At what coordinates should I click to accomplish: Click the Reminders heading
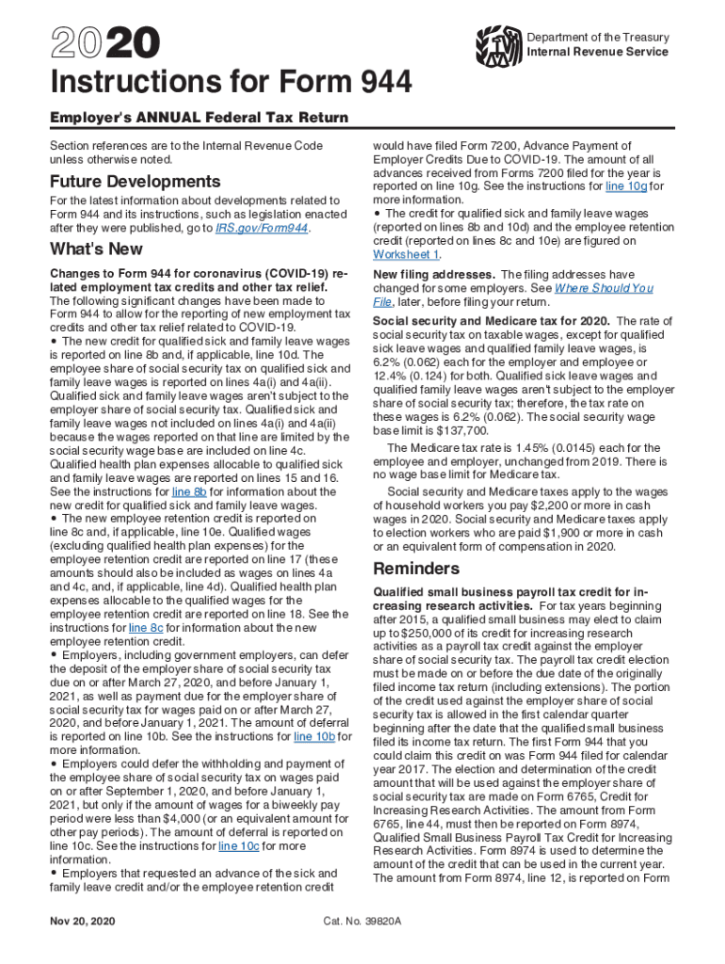416,569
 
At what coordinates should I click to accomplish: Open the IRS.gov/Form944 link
261,229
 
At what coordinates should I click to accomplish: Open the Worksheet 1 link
406,255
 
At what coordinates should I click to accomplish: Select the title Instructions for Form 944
231,85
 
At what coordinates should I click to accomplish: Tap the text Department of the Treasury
598,38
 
